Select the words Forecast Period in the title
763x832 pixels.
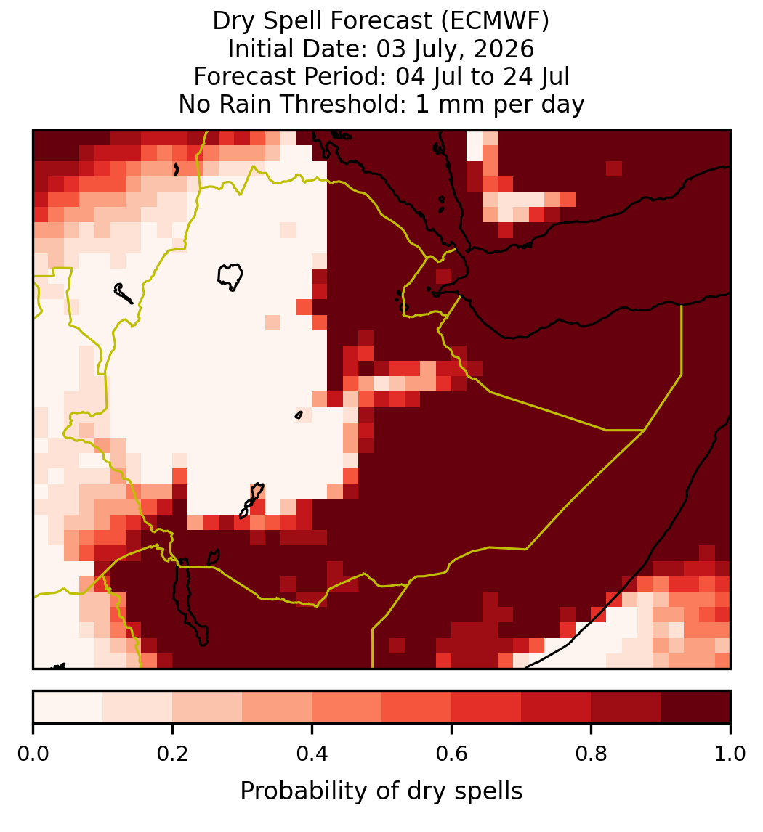[290, 77]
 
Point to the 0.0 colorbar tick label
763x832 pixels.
[33, 754]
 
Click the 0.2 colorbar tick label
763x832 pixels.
[172, 754]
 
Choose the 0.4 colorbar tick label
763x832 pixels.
[312, 754]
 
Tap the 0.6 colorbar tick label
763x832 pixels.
[452, 754]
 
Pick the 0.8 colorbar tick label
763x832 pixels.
[591, 754]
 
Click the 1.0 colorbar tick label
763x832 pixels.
[730, 754]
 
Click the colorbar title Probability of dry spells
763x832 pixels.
[381, 791]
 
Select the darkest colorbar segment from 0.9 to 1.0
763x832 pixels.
[695, 707]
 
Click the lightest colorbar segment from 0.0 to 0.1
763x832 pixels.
[68, 707]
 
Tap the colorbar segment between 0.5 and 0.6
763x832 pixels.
[417, 707]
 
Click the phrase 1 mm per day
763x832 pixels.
[500, 104]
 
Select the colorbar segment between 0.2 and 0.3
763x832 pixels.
[207, 707]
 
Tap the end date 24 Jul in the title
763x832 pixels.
[536, 77]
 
